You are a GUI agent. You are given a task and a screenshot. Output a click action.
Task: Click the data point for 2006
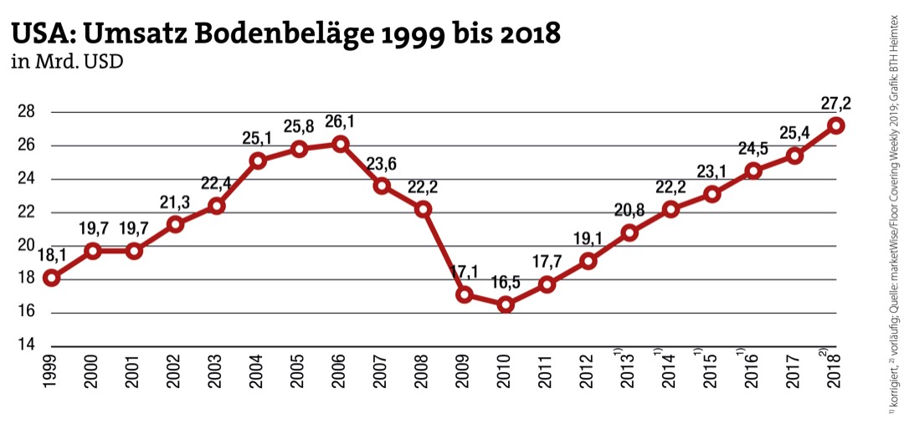click(x=340, y=144)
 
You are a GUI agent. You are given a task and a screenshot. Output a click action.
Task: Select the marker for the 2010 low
click(x=506, y=304)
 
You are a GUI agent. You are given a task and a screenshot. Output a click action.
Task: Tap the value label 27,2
click(x=835, y=104)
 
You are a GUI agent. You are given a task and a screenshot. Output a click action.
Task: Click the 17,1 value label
click(x=465, y=273)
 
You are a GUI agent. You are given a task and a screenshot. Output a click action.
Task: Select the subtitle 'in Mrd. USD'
click(x=66, y=62)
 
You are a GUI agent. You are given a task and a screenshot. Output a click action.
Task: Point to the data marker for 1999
click(x=52, y=278)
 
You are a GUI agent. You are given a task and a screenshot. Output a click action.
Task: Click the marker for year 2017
click(x=794, y=156)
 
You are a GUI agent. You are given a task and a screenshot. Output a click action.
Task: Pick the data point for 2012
click(x=588, y=261)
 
